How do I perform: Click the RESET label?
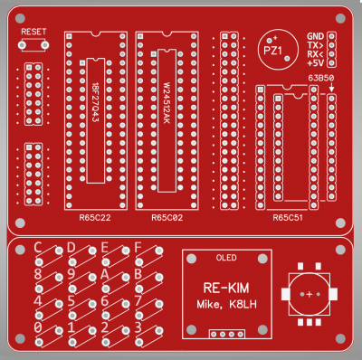33,30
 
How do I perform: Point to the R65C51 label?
288,218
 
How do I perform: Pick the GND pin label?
314,34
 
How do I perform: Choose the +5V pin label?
314,63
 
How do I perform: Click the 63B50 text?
321,79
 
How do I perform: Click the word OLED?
225,258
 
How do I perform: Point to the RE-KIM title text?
225,287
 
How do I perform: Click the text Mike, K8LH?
226,304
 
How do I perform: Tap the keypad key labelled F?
138,247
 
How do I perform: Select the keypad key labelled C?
38,247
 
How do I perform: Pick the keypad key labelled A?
104,274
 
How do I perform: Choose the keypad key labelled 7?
138,300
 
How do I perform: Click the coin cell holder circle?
310,295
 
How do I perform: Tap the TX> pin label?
314,44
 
